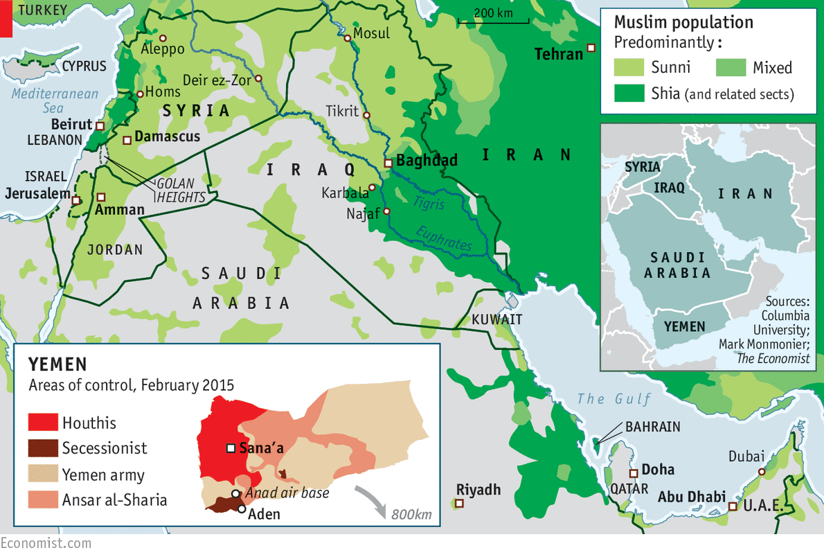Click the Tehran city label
click(559, 53)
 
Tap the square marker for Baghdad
click(388, 163)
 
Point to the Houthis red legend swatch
click(42, 422)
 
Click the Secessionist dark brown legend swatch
click(42, 448)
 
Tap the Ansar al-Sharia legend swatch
click(42, 499)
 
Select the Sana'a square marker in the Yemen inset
click(231, 448)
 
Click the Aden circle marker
click(241, 509)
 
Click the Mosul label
click(371, 33)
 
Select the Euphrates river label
click(443, 239)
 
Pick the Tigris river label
click(429, 204)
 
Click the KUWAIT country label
click(496, 319)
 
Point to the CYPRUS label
click(84, 67)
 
